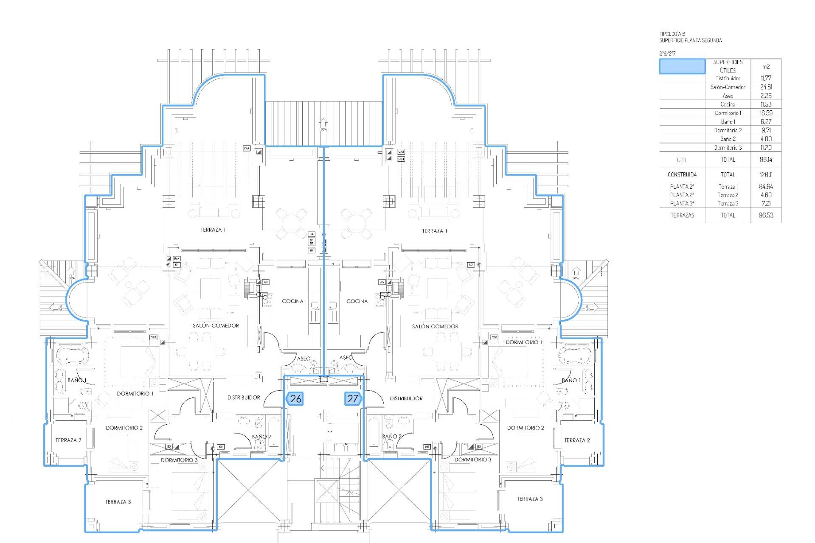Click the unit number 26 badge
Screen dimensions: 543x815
pyautogui.click(x=295, y=399)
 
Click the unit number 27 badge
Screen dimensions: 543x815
pyautogui.click(x=353, y=399)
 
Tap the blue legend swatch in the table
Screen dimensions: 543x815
pyautogui.click(x=682, y=67)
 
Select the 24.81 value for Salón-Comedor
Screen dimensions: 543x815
pyautogui.click(x=766, y=87)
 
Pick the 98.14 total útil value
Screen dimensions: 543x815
pyautogui.click(x=766, y=160)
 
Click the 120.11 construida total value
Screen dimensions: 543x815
pyautogui.click(x=766, y=174)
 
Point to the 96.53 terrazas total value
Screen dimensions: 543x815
pyautogui.click(x=766, y=215)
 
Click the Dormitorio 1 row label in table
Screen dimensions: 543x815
pyautogui.click(x=728, y=113)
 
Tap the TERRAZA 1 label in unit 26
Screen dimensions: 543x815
pyautogui.click(x=213, y=230)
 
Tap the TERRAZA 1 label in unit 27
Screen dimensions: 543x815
pyautogui.click(x=435, y=231)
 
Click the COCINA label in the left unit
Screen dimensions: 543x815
pyautogui.click(x=292, y=301)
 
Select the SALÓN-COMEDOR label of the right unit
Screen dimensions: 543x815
pyautogui.click(x=435, y=327)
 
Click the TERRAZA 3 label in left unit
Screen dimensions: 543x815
pyautogui.click(x=118, y=502)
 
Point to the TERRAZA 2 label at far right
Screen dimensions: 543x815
pyautogui.click(x=577, y=440)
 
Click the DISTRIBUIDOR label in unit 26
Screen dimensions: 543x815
pyautogui.click(x=244, y=397)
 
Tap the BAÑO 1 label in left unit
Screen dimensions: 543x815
pyautogui.click(x=76, y=380)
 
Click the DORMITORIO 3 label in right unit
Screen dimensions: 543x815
pyautogui.click(x=472, y=460)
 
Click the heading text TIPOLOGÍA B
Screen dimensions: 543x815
pyautogui.click(x=672, y=34)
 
